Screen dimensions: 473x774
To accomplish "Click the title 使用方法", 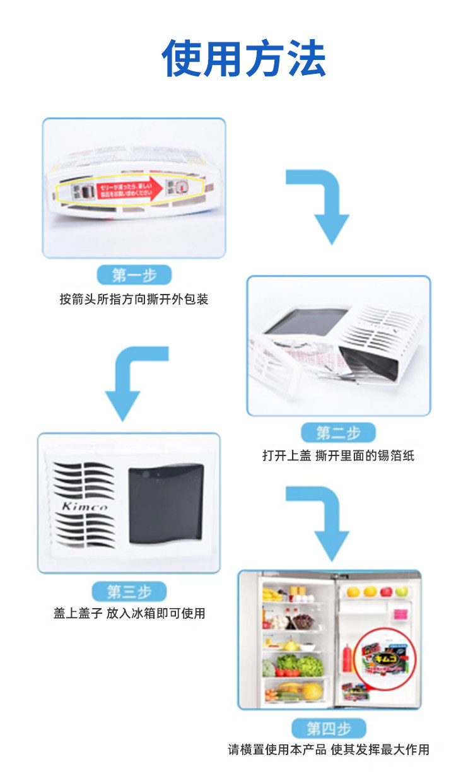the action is click(243, 58).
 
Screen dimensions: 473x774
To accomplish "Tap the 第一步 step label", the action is click(134, 275).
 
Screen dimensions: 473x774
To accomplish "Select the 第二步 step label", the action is click(338, 433).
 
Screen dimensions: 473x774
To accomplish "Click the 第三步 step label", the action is click(129, 592).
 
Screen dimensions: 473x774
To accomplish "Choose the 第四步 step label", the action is click(328, 729).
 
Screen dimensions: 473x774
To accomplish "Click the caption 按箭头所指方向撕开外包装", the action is click(134, 299).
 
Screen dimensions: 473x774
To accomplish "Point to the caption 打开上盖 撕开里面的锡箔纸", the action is click(338, 455).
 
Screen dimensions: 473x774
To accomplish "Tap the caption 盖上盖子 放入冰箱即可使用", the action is click(129, 613).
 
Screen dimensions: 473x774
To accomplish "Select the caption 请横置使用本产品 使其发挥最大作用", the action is click(328, 750).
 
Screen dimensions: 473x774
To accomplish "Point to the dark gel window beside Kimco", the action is click(166, 505).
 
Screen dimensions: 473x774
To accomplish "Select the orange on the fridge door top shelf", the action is click(370, 592).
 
